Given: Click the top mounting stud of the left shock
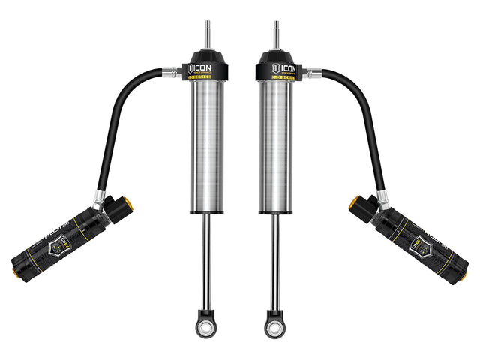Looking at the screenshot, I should [x=207, y=34].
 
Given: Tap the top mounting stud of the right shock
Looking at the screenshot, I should [x=274, y=34].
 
